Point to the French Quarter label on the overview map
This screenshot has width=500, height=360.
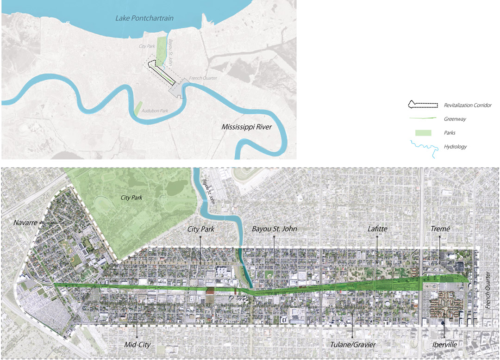point(203,78)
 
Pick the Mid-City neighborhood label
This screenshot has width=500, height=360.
point(138,344)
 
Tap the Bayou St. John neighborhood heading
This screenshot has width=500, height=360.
point(274,229)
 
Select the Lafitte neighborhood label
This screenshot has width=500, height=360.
point(377,229)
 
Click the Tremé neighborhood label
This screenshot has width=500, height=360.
point(440,229)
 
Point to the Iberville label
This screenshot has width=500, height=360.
point(444,344)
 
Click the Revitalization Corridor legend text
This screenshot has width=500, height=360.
point(467,106)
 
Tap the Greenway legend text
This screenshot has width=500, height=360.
point(455,119)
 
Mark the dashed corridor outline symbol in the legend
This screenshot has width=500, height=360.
point(419,105)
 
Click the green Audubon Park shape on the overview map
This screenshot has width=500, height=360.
point(138,108)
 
